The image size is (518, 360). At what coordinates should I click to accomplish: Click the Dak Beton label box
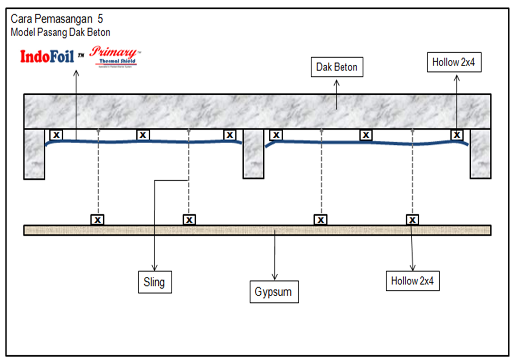(x=337, y=67)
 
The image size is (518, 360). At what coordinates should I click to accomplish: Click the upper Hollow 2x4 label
(x=454, y=62)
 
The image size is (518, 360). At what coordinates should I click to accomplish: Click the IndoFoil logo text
(x=47, y=57)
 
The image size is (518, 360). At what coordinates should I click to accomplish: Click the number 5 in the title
(x=100, y=19)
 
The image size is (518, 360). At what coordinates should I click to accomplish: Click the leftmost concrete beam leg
(x=35, y=154)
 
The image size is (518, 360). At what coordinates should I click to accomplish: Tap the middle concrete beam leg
(x=253, y=154)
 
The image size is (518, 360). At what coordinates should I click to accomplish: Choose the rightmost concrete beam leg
(x=481, y=154)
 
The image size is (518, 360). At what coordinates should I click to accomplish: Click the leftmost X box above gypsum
(x=97, y=219)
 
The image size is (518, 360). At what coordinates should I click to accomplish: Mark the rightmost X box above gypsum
(x=412, y=219)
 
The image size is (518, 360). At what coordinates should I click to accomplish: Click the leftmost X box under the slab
(x=56, y=134)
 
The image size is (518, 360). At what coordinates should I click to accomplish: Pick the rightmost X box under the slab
(x=457, y=134)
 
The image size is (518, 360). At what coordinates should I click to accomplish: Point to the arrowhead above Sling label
(x=155, y=268)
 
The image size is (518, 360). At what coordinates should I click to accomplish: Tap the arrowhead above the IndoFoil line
(x=76, y=73)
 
